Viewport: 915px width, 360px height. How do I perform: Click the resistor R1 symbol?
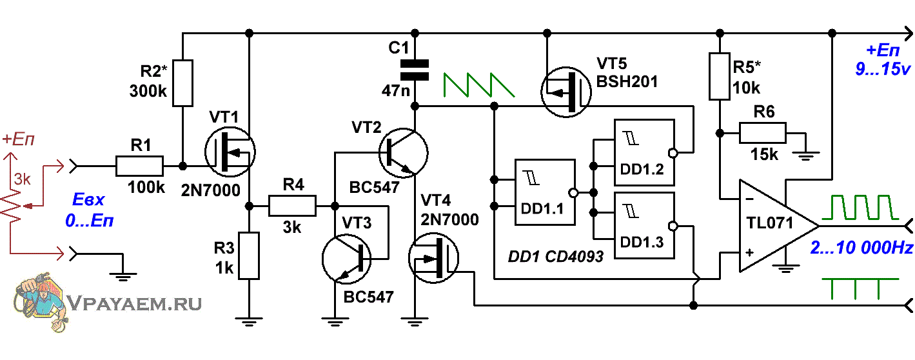[x=139, y=166]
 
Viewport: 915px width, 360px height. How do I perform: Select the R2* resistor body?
[x=182, y=83]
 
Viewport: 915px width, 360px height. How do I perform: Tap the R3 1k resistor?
[x=249, y=255]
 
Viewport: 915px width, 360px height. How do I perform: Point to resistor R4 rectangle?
[x=292, y=206]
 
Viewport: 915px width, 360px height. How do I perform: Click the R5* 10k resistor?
[x=720, y=76]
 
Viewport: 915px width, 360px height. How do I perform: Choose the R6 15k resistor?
[x=763, y=133]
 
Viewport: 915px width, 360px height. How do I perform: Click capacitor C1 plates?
[x=414, y=70]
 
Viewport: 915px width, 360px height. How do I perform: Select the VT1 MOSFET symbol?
[x=230, y=152]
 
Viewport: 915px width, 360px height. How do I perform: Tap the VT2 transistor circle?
[x=403, y=153]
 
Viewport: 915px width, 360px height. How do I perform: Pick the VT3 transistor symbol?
[x=347, y=259]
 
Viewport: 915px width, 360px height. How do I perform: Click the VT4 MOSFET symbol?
[x=433, y=258]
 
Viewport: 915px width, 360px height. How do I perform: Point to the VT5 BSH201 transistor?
[x=566, y=92]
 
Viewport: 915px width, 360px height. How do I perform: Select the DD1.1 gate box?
[x=545, y=192]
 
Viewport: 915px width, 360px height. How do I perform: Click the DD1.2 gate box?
[x=644, y=152]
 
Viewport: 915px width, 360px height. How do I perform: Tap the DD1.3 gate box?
[x=644, y=225]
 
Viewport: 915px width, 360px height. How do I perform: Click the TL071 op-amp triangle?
[x=778, y=226]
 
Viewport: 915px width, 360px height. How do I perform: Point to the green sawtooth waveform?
[x=478, y=85]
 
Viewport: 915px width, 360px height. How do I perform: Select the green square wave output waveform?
[x=860, y=207]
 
